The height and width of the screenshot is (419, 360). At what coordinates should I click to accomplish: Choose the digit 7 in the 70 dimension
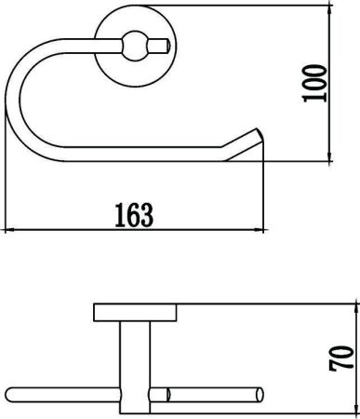click(x=341, y=366)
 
